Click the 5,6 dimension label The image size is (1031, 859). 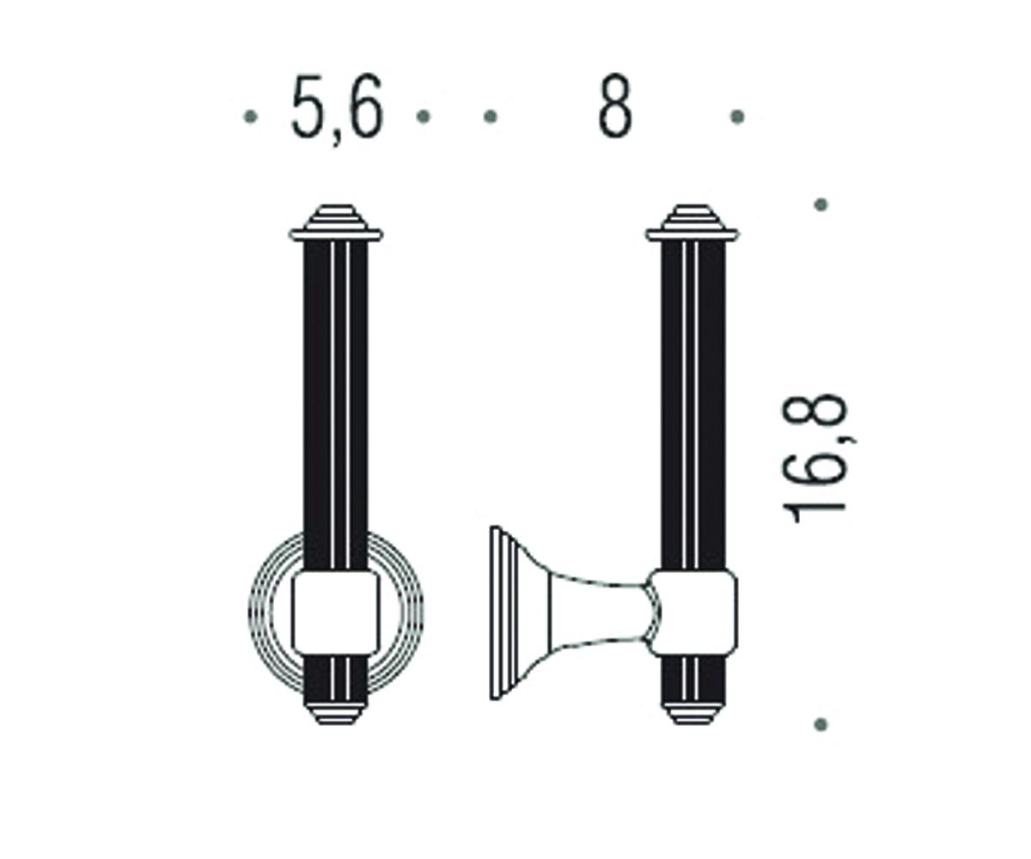(338, 110)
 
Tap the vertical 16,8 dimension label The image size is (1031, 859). (814, 459)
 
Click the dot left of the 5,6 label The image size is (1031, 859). (250, 117)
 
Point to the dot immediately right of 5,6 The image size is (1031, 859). (424, 117)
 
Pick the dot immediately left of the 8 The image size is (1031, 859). (491, 117)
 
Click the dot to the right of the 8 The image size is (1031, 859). (736, 117)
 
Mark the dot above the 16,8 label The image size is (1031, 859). (821, 204)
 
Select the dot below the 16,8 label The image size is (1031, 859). (821, 724)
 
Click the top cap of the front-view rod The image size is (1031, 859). (336, 222)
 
